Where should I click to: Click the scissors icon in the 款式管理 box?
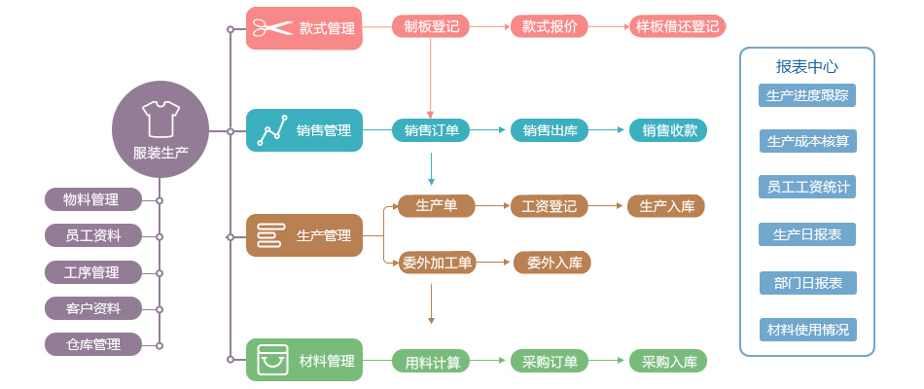[x=273, y=28]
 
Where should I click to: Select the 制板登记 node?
[x=431, y=26]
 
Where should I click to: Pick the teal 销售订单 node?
[x=431, y=130]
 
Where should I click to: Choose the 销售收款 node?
[x=668, y=130]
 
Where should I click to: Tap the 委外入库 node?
[x=551, y=262]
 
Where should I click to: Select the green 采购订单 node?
[x=550, y=362]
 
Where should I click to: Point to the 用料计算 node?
[x=431, y=362]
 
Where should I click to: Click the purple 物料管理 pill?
[x=92, y=199]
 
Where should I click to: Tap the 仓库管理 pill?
[x=92, y=343]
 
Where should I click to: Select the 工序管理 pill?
[x=92, y=271]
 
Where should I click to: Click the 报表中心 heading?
[x=806, y=67]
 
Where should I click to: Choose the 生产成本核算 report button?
[x=807, y=141]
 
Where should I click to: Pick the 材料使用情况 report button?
[x=807, y=330]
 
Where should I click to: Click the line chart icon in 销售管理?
[x=272, y=130]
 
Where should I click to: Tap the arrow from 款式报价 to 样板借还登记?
[x=608, y=26]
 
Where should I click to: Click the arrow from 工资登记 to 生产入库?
[x=607, y=205]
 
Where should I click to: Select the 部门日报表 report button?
[x=807, y=283]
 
